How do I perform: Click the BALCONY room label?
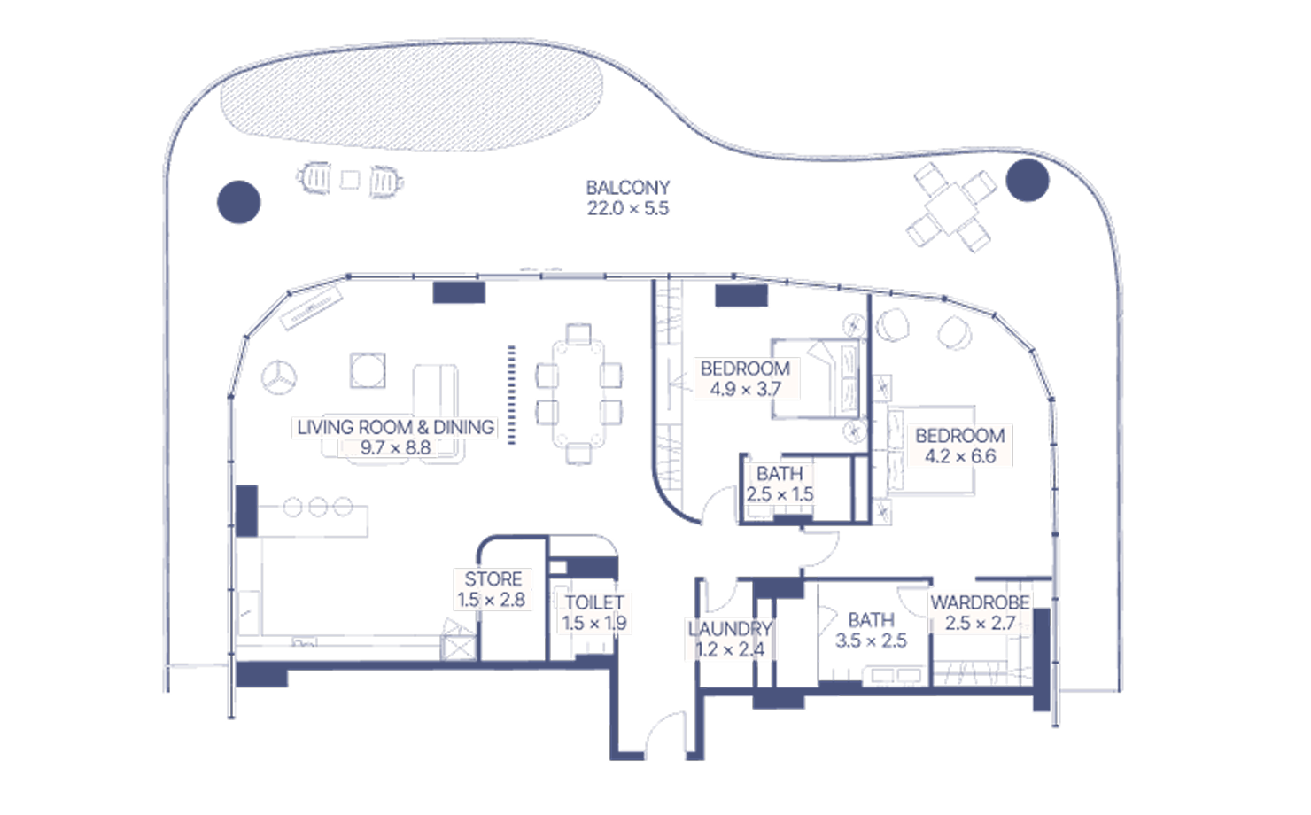(x=628, y=188)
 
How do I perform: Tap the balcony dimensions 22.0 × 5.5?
(x=628, y=208)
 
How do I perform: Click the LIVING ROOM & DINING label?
(x=396, y=427)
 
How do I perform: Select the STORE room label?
(x=493, y=579)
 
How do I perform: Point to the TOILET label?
(x=594, y=602)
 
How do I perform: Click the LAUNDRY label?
(x=730, y=629)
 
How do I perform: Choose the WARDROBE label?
(x=981, y=602)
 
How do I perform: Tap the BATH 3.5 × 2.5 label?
(x=871, y=630)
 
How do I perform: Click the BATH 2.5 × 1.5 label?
(x=780, y=484)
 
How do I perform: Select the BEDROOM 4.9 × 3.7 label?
(x=745, y=379)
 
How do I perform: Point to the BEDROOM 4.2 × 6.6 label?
(x=960, y=446)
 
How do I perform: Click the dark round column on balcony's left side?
(x=239, y=202)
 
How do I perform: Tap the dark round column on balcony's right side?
(x=1028, y=181)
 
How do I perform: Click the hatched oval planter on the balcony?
(x=411, y=97)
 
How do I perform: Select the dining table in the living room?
(x=578, y=394)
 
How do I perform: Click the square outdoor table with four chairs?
(x=951, y=208)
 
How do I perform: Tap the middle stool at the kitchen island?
(x=318, y=507)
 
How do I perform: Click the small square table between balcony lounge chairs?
(x=350, y=180)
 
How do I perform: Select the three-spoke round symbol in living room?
(x=278, y=378)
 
